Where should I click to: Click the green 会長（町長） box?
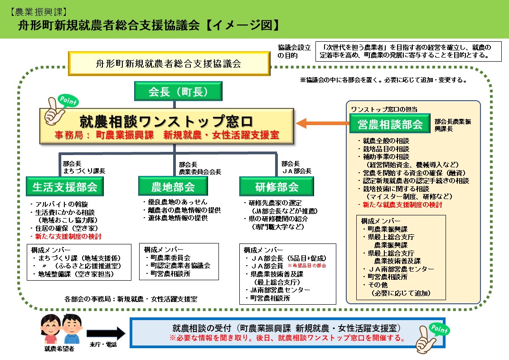[x=178, y=92]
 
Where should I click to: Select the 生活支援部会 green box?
[x=64, y=186]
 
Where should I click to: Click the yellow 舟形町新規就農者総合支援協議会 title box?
[x=169, y=63]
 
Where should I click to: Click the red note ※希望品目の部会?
[x=306, y=266]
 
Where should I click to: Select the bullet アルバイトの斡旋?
[x=58, y=204]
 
